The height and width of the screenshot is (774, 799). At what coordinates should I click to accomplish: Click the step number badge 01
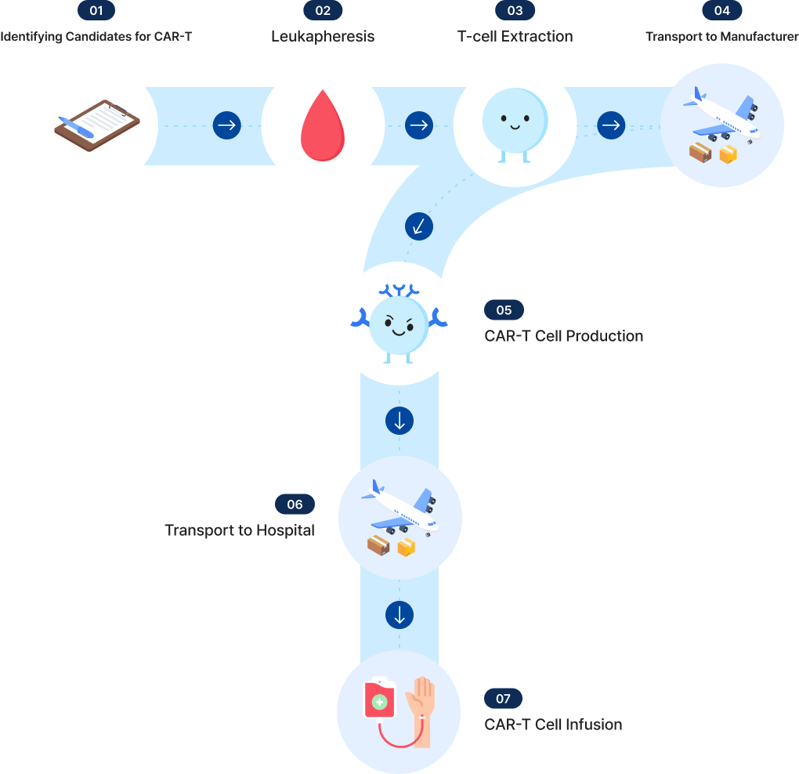96,10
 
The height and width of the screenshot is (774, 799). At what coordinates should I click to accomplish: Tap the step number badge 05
504,310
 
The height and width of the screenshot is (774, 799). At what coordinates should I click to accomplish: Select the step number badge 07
503,699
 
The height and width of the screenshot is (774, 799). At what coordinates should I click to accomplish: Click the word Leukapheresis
323,36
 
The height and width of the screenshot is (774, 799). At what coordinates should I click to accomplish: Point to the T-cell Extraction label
515,36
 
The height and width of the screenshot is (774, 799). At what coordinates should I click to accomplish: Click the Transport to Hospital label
240,530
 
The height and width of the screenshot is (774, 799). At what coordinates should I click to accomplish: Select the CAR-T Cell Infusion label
553,725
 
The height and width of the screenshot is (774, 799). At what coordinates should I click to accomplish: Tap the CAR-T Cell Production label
564,336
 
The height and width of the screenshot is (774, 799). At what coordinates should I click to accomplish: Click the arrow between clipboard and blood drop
227,125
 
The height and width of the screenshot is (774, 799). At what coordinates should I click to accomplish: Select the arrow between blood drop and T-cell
419,125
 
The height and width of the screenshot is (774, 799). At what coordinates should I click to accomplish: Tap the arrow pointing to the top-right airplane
611,125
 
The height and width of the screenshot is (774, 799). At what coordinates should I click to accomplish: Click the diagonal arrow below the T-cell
419,226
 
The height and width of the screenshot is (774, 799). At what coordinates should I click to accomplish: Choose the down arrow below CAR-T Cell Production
399,421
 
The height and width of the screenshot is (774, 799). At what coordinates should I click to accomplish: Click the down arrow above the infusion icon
399,615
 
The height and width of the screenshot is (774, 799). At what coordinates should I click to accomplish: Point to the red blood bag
379,700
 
